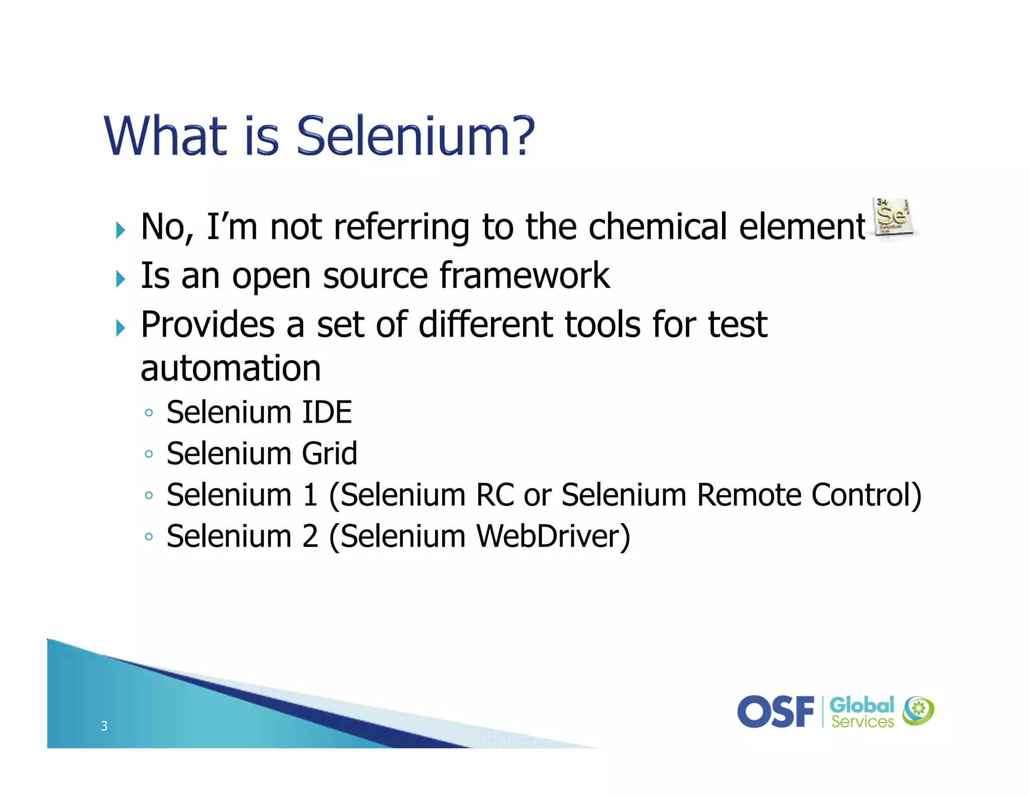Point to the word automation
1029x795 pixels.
tap(231, 368)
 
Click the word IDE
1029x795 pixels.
tap(327, 413)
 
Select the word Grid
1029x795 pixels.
tap(330, 454)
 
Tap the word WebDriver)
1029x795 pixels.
tap(553, 537)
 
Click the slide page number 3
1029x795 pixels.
tap(104, 726)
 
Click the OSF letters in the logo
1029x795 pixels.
tap(776, 712)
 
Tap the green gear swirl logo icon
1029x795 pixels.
tap(918, 711)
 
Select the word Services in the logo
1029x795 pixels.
tap(862, 722)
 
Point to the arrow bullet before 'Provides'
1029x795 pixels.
tap(120, 328)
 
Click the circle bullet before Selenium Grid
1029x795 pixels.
tap(148, 454)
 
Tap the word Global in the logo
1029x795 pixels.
tap(862, 705)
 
